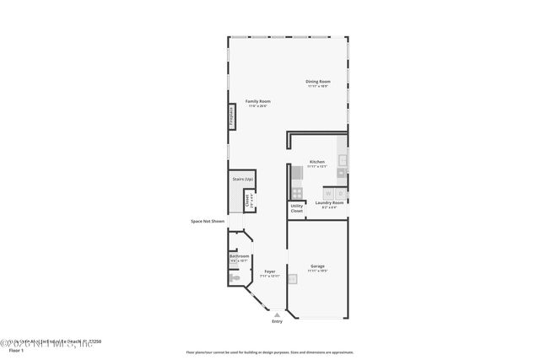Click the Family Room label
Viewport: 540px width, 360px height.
[x=258, y=101]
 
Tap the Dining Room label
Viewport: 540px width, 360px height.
[x=317, y=82]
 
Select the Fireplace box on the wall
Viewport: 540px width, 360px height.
[x=231, y=116]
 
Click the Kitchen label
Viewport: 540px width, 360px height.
[x=317, y=162]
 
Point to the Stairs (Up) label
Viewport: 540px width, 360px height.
[x=243, y=179]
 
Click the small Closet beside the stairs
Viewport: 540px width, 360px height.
[x=249, y=201]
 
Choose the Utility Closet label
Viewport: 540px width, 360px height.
[x=297, y=207]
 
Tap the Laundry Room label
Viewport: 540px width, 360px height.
[x=329, y=202]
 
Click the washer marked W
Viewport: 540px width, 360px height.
[x=328, y=193]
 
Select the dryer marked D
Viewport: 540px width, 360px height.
[x=340, y=193]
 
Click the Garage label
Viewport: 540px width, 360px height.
[x=317, y=266]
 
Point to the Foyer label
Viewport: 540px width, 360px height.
[x=270, y=271]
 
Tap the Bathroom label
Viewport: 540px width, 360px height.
[x=240, y=256]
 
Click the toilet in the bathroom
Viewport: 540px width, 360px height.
[x=236, y=277]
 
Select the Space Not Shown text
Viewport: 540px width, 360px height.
[x=207, y=221]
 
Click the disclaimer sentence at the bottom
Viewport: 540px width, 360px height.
[x=270, y=352]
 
